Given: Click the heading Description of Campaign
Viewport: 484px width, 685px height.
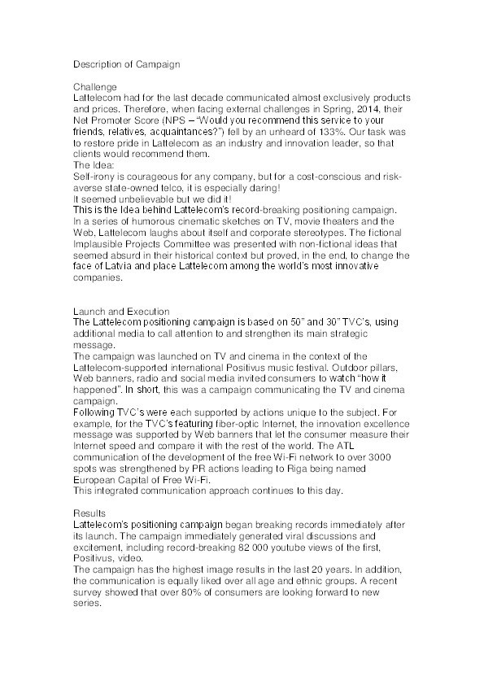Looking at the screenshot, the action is (127, 63).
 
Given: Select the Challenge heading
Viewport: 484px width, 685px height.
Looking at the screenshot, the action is (94, 85).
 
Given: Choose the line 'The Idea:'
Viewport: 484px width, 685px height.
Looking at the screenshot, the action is (94, 164).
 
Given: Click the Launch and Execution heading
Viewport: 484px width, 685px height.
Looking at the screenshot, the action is (121, 311).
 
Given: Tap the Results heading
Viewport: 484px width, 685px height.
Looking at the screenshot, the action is (89, 514).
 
